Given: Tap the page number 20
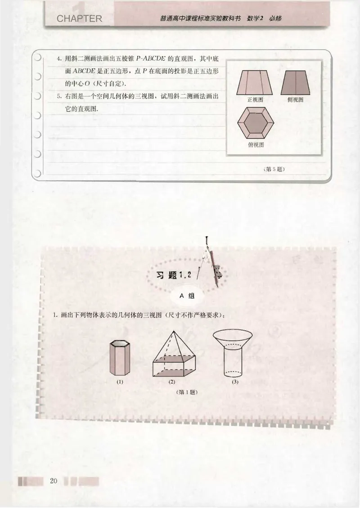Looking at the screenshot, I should (54, 481).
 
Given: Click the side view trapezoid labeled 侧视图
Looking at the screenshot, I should (296, 82).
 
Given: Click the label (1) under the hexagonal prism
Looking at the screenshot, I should (120, 382).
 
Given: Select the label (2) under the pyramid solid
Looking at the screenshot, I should (171, 382).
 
